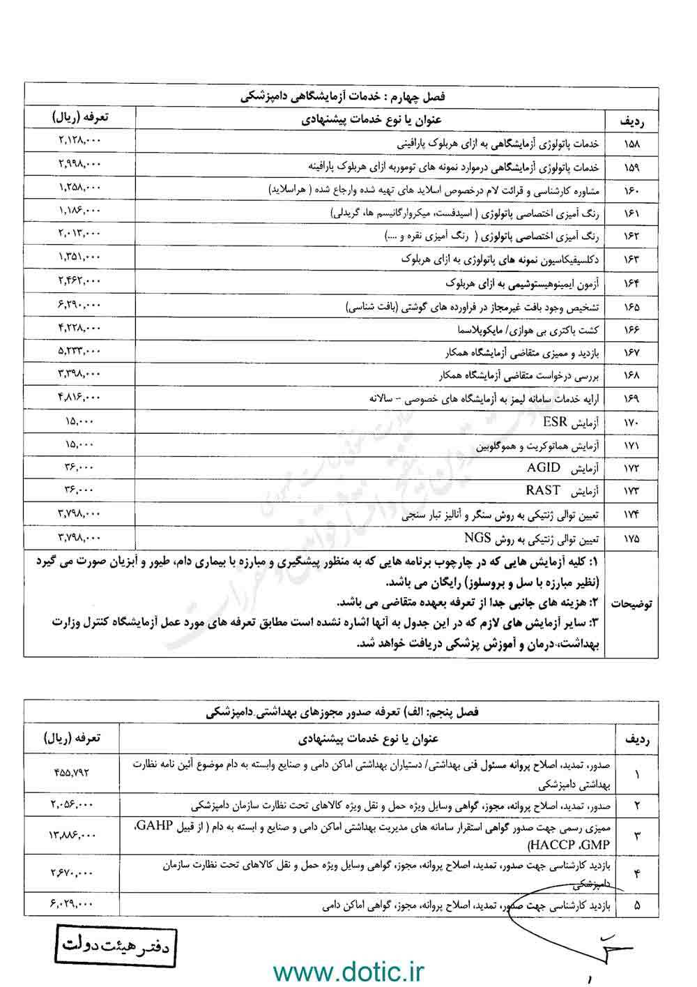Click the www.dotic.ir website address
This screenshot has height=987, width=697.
pyautogui.click(x=348, y=971)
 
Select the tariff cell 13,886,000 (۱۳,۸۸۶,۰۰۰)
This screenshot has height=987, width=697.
pyautogui.click(x=72, y=834)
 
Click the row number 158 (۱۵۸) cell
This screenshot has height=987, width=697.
pyautogui.click(x=633, y=144)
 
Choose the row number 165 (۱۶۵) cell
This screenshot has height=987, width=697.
pyautogui.click(x=633, y=306)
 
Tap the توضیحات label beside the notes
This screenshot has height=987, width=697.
pyautogui.click(x=632, y=603)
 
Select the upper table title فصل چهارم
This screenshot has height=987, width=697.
pyautogui.click(x=342, y=96)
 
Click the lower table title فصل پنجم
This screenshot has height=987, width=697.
pyautogui.click(x=342, y=714)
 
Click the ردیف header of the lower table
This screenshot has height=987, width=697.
pyautogui.click(x=638, y=737)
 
